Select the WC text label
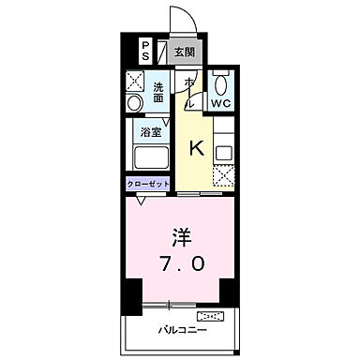click(x=221, y=103)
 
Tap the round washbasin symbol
click(x=136, y=101)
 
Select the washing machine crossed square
click(x=136, y=80)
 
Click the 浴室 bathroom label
click(x=150, y=132)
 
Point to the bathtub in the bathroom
click(x=149, y=158)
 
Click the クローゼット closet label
click(x=148, y=185)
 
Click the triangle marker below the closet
click(x=142, y=199)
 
